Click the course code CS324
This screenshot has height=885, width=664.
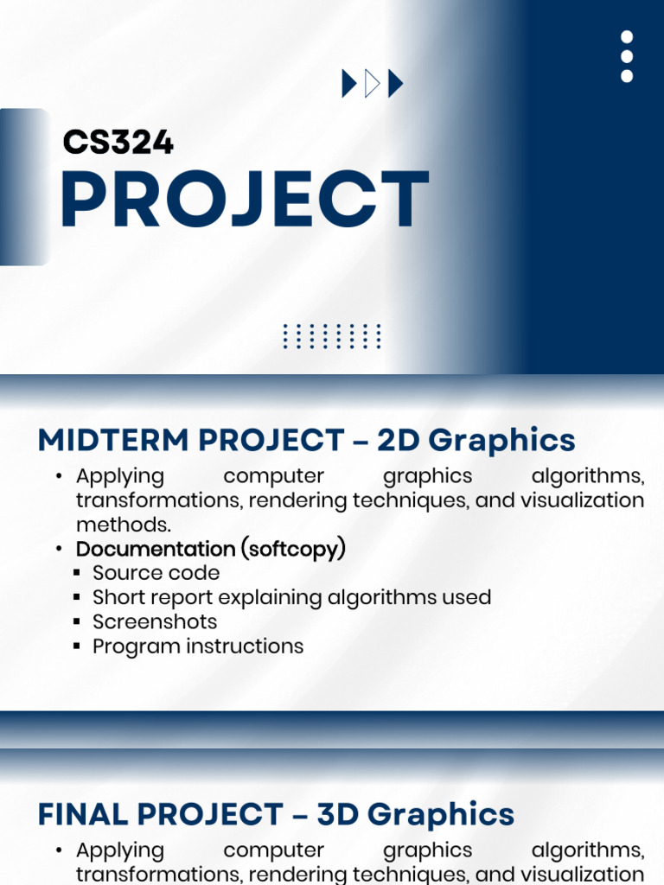(x=118, y=142)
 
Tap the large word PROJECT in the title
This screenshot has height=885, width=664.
(x=245, y=199)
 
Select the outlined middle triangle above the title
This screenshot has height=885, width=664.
(x=373, y=84)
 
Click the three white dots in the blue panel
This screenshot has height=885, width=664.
(x=627, y=56)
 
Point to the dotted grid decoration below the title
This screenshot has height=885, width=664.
(x=332, y=336)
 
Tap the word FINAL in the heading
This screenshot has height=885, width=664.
(x=82, y=814)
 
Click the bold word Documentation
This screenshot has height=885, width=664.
(x=156, y=549)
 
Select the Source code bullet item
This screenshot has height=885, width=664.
(x=156, y=573)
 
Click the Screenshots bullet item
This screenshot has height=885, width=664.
(x=155, y=621)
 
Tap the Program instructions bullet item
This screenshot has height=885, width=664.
(x=198, y=646)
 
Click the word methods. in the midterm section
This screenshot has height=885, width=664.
(x=124, y=525)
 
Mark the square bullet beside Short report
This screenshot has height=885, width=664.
(x=77, y=597)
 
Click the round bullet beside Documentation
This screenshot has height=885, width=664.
(x=59, y=549)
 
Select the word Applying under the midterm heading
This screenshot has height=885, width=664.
(x=120, y=477)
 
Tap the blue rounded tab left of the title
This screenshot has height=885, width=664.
(x=24, y=187)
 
